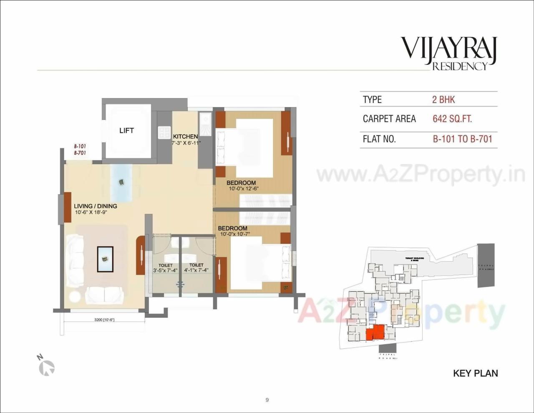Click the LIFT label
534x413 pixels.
point(126,131)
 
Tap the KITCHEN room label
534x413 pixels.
point(185,137)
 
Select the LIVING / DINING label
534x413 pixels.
point(96,206)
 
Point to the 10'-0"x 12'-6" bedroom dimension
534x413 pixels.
point(244,189)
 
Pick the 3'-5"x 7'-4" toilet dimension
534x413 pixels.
point(165,270)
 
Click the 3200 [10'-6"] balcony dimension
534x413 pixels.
point(104,320)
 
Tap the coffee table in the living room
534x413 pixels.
point(105,259)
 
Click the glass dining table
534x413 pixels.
point(121,182)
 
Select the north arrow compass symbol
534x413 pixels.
point(46,366)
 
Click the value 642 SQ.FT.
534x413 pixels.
point(452,119)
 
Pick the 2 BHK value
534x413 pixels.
point(443,99)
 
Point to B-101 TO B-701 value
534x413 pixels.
point(462,139)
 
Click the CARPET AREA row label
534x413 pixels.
point(389,119)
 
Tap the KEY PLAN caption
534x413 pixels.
point(475,373)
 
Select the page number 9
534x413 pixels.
point(267,400)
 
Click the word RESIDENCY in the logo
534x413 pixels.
point(460,66)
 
